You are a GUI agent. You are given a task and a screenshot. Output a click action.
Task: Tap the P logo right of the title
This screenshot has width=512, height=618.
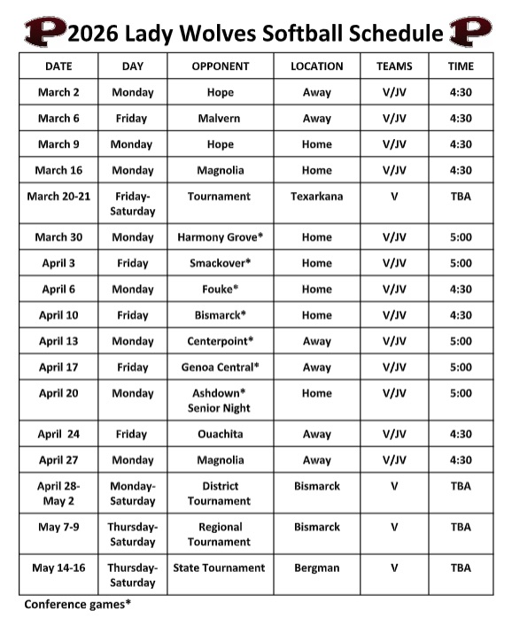[470, 32]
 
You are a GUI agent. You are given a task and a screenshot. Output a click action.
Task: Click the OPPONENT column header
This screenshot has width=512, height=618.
[221, 66]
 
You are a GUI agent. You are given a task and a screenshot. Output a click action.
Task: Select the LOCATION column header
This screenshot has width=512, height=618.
[316, 66]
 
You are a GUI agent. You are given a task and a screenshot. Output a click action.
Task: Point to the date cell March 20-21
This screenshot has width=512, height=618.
[58, 197]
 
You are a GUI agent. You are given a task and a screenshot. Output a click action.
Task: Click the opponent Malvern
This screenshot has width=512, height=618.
[221, 118]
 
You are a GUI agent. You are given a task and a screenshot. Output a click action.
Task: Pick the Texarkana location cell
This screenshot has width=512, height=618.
[316, 197]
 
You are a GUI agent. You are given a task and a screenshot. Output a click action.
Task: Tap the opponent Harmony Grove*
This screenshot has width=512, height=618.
[221, 237]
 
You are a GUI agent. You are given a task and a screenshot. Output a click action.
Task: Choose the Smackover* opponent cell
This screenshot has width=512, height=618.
[221, 263]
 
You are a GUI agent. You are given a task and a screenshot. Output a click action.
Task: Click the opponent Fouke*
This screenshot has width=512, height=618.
[221, 289]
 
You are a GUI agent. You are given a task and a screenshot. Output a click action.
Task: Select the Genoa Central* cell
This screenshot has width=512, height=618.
[221, 367]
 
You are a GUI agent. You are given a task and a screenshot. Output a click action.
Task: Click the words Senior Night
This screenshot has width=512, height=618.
[219, 408]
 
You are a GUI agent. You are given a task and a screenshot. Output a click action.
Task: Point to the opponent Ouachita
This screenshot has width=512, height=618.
[221, 435]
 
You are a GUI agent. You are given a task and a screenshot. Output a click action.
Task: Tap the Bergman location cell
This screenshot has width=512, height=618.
[316, 568]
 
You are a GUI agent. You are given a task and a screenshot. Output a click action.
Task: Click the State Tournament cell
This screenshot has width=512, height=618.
[219, 568]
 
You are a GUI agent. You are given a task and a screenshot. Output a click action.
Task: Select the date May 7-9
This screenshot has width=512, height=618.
[58, 527]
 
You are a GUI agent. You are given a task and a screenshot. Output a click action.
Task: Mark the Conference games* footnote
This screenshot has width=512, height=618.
[78, 605]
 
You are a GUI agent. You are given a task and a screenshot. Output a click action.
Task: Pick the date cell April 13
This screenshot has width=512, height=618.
[58, 341]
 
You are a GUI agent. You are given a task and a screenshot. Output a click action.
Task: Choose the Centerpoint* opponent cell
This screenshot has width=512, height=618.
[221, 341]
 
